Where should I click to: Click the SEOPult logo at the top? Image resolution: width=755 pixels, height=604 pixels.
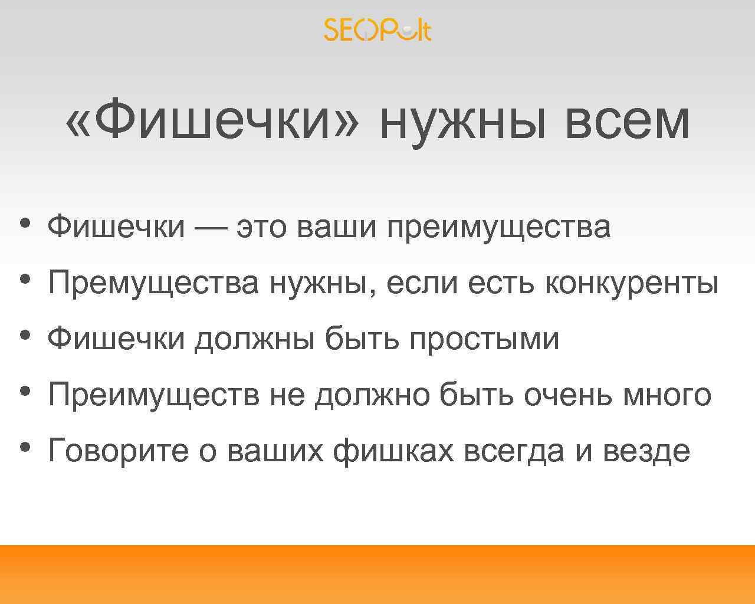tap(377, 29)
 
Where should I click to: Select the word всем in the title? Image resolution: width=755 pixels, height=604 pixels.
tap(626, 121)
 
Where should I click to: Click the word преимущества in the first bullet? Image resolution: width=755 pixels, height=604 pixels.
tap(498, 227)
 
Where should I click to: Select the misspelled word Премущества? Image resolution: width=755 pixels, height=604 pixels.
tap(153, 283)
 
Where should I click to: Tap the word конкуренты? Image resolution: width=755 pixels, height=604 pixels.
tap(632, 283)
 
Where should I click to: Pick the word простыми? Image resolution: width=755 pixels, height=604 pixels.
tap(484, 339)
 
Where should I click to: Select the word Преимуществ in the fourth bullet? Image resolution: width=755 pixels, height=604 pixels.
tap(153, 394)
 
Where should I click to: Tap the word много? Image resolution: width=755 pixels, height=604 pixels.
tap(667, 394)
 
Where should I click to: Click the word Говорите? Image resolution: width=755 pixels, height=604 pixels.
tap(118, 451)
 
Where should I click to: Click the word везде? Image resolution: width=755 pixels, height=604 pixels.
tap(646, 451)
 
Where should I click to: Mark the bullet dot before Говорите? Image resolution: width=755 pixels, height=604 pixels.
tap(24, 447)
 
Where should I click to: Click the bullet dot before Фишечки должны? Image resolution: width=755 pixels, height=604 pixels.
tap(24, 334)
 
